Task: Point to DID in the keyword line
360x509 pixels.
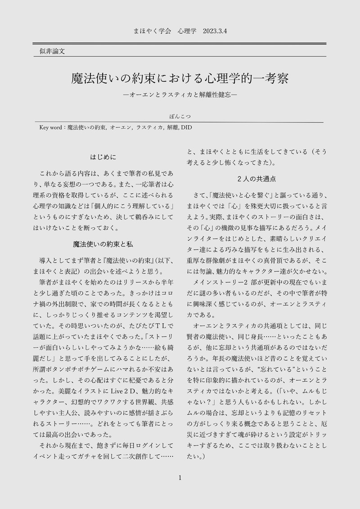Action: [186, 128]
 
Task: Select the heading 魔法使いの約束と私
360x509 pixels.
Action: [103, 244]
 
